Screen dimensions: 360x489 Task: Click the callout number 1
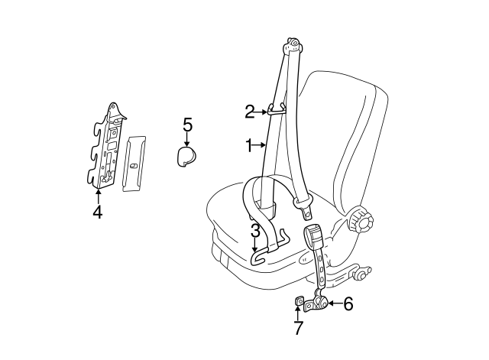coord(248,144)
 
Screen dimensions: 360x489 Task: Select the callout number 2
coord(250,112)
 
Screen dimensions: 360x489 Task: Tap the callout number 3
coord(255,229)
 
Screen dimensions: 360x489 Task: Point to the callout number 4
coord(97,212)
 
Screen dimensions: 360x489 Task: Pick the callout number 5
coord(187,125)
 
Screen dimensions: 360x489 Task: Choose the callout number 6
coord(348,303)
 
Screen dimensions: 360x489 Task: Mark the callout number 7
coord(298,329)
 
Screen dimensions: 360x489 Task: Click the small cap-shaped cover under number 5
coord(186,156)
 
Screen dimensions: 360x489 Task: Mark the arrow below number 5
coord(187,140)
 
